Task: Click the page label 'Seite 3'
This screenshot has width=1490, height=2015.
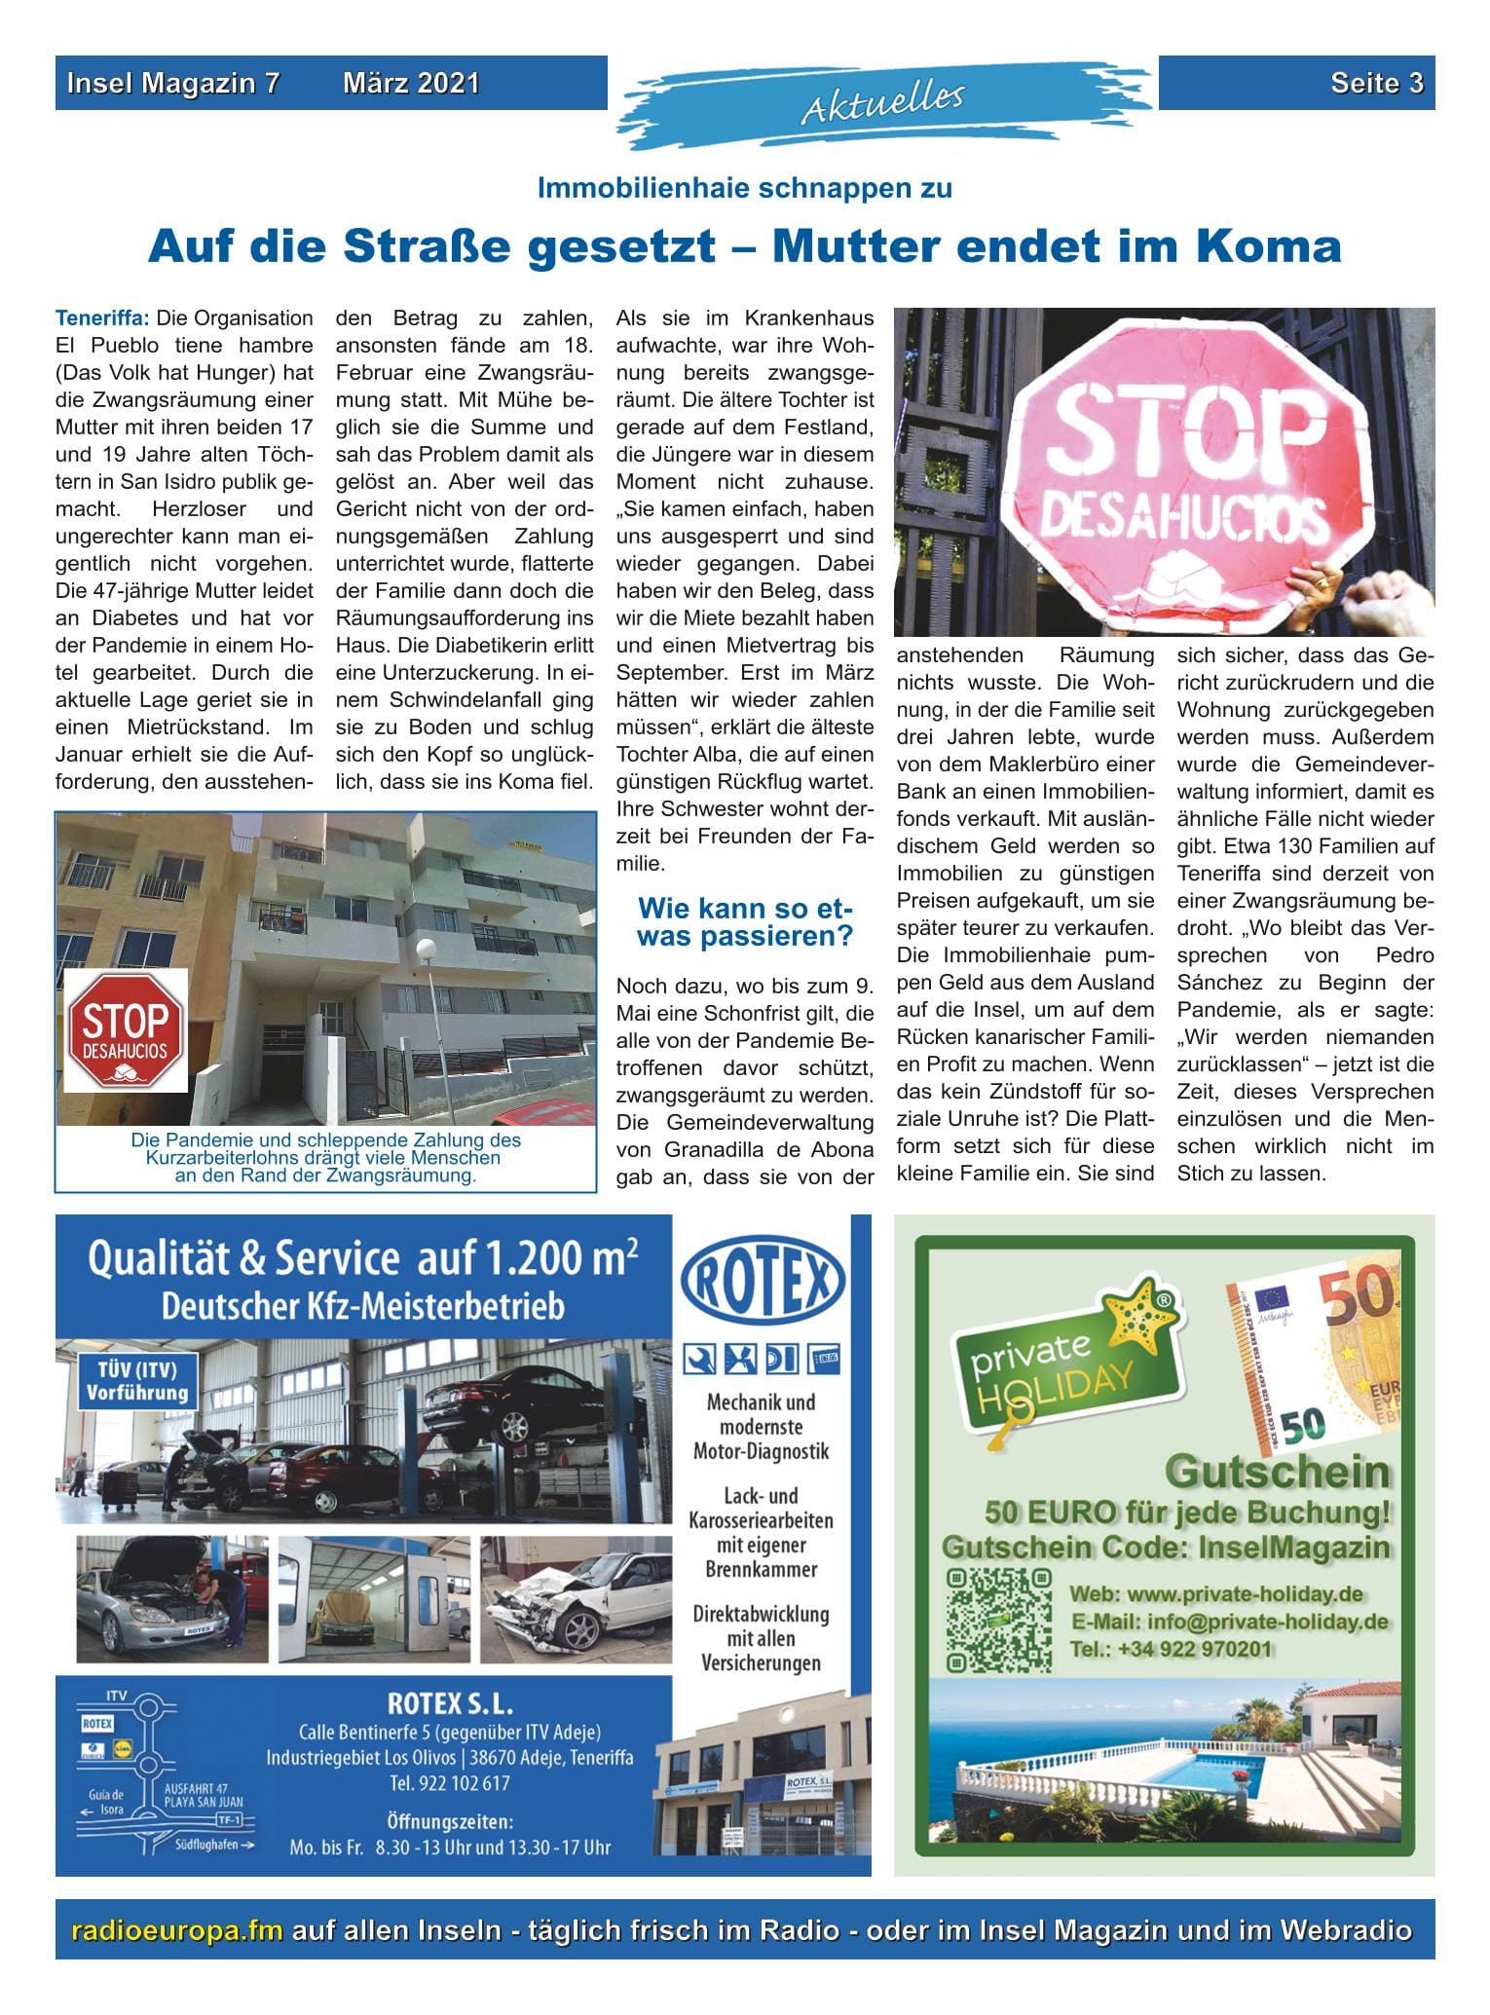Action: [1376, 84]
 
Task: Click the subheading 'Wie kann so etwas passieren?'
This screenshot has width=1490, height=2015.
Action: [745, 922]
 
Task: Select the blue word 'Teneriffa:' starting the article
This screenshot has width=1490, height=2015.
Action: [102, 317]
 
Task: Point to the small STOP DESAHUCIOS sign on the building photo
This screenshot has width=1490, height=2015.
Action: [126, 1028]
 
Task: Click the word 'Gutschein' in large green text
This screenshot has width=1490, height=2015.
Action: [1277, 1472]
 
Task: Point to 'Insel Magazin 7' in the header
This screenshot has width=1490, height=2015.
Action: [172, 84]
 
